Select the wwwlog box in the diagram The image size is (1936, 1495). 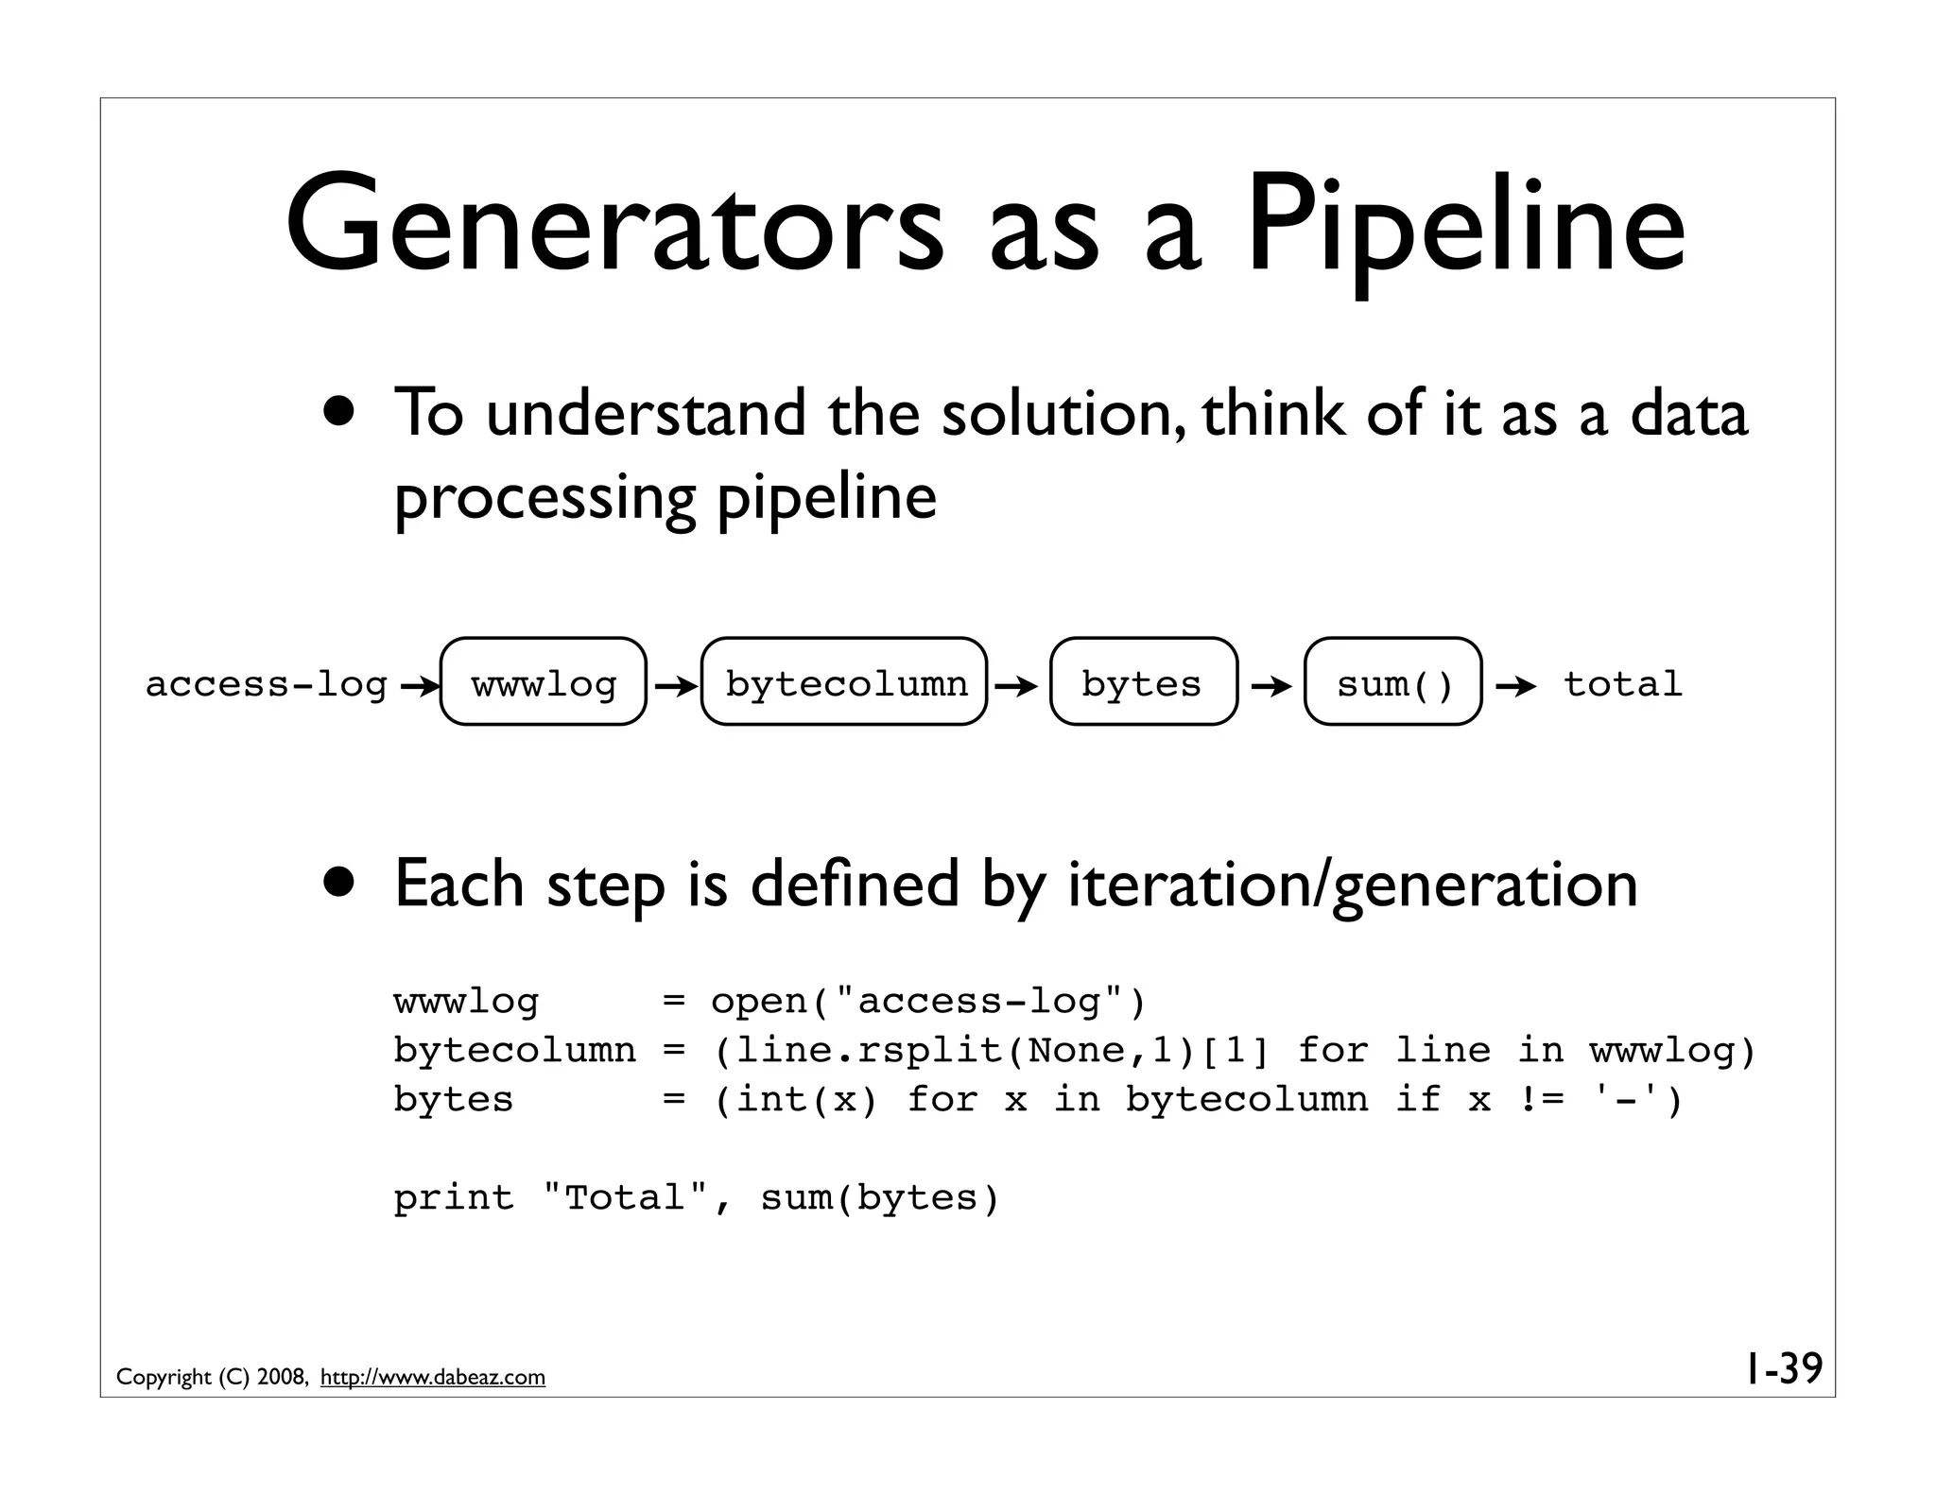click(x=544, y=682)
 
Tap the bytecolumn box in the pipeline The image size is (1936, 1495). click(x=844, y=682)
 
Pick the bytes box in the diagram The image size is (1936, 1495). click(x=1142, y=682)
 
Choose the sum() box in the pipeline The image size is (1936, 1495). click(x=1392, y=682)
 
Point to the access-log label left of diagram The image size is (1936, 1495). click(x=267, y=684)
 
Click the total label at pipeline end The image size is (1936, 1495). click(x=1622, y=684)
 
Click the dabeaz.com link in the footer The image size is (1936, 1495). click(x=432, y=1378)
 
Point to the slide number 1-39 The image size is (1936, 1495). click(x=1782, y=1368)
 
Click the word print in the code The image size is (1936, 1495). click(x=454, y=1198)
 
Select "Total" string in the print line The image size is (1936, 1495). click(x=626, y=1198)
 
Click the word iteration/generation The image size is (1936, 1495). click(x=1352, y=885)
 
